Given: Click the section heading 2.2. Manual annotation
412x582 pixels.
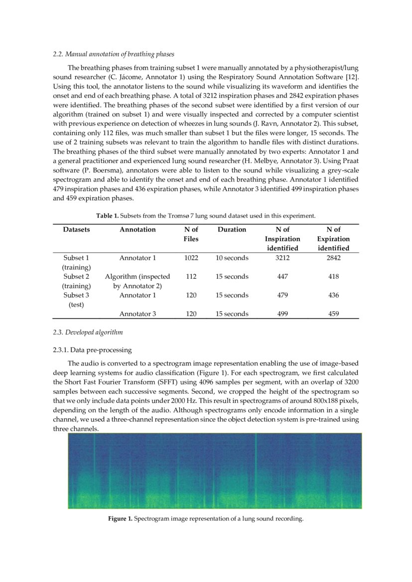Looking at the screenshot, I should coord(113,54).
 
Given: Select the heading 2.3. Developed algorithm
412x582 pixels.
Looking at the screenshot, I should coord(88,332).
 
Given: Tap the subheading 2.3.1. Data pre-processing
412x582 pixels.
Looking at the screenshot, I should coord(92,350).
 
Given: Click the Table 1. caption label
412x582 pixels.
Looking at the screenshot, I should coord(109,216).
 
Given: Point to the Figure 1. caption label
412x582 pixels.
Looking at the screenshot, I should coord(120,519).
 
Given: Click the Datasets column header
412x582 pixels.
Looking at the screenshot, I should coord(76,230).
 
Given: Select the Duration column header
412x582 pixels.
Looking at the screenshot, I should coord(232,230).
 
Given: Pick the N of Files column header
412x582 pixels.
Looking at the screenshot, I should coord(191,234).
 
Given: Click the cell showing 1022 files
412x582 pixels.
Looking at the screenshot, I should coord(191,258).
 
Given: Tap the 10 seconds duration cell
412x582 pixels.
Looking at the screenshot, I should coord(232,258).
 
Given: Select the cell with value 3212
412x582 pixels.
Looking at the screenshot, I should coord(282,258).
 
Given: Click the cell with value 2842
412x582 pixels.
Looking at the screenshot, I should coord(333,258).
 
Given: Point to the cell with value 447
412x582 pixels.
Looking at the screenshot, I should coord(282,277).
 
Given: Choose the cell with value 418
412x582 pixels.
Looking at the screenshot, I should coord(333,277).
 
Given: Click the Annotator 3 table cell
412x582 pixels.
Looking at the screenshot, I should coord(137,314).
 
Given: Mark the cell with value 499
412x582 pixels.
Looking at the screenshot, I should coord(282,314).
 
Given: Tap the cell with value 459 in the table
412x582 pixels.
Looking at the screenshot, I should coord(333,314).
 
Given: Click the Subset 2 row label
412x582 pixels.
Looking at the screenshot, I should coord(76,277).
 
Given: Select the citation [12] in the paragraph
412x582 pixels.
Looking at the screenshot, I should coord(352,77).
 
